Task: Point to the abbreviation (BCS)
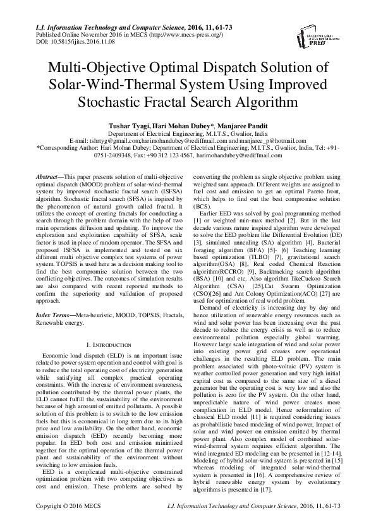coord(202,224)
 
